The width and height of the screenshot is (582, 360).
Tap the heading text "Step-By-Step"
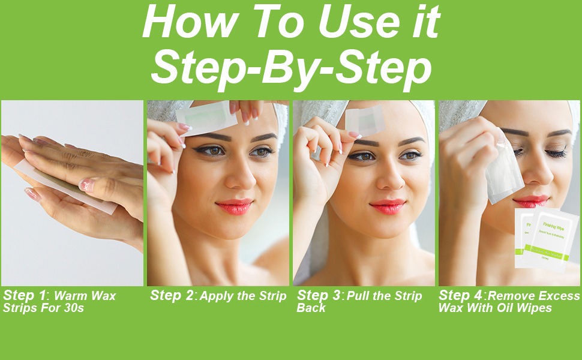coord(291,69)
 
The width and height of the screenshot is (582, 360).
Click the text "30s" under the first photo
coord(73,308)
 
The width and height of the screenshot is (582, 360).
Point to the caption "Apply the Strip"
coord(243,296)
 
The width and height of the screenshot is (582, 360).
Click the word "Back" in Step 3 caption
coord(311,308)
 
